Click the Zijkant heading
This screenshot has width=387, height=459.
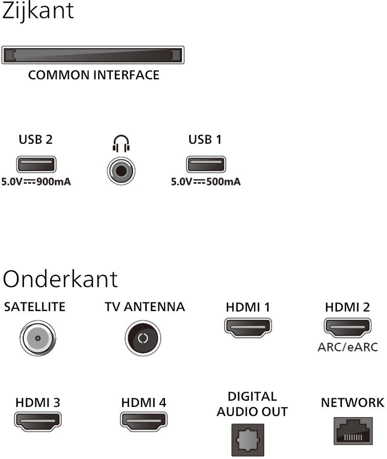[x=38, y=11]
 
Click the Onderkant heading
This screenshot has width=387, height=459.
[x=60, y=278]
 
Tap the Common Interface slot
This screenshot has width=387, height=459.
[x=92, y=55]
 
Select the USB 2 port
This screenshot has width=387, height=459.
[x=36, y=165]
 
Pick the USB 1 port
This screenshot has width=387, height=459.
[x=205, y=165]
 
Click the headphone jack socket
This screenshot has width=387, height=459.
[x=121, y=170]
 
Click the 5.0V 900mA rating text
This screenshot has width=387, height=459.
[x=36, y=182]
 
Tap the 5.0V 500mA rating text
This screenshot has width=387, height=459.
[x=205, y=182]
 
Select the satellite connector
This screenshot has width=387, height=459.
[x=37, y=337]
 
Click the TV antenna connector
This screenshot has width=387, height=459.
[x=143, y=338]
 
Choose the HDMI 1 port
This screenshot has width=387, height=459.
[x=248, y=326]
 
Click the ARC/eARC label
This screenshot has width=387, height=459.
[x=347, y=347]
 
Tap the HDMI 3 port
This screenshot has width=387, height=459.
[x=38, y=420]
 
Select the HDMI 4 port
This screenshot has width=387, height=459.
[x=143, y=420]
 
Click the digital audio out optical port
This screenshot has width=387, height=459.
[x=248, y=440]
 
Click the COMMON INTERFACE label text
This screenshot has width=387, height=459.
[x=93, y=75]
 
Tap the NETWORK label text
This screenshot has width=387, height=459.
[x=352, y=402]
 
